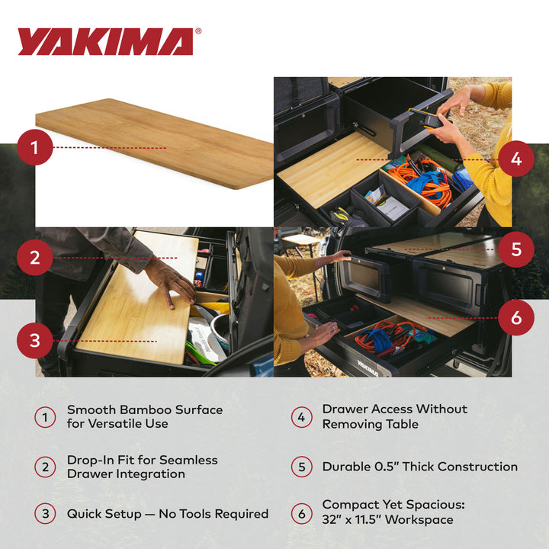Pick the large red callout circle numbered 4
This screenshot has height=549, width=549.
click(516, 159)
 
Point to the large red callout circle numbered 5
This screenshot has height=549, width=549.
click(516, 249)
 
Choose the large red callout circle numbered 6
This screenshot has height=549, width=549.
click(516, 317)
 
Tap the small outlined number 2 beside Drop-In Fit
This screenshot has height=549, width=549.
click(45, 466)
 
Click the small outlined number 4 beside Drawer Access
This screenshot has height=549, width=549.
click(301, 416)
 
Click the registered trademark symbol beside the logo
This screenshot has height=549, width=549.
click(198, 32)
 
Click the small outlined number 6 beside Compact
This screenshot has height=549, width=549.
click(301, 514)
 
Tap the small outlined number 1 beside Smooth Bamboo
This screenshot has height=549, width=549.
click(45, 417)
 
